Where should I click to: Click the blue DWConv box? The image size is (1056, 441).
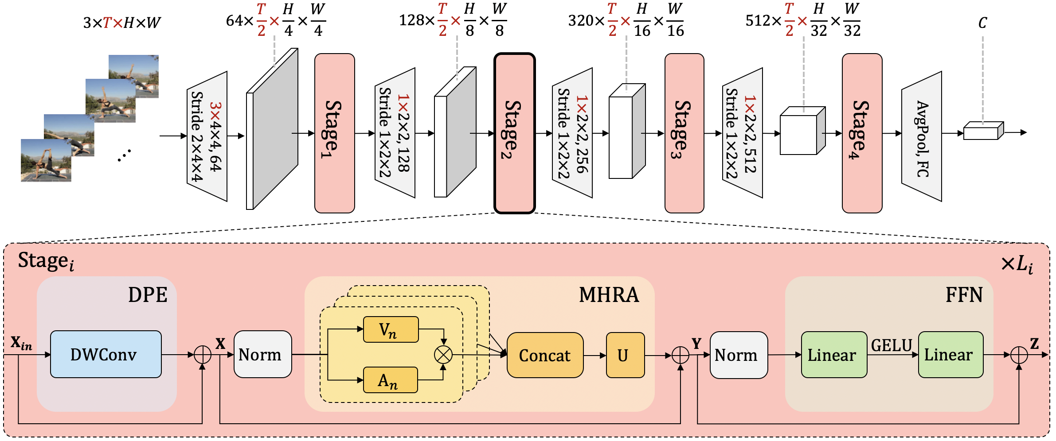(106, 354)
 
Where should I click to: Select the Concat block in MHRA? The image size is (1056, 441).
(545, 355)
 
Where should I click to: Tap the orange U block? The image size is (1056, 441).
(625, 355)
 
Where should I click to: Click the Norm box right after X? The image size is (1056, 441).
(262, 354)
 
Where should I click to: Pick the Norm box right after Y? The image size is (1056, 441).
(739, 355)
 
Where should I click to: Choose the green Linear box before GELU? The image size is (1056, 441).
(834, 355)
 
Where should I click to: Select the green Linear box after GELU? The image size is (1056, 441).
(950, 355)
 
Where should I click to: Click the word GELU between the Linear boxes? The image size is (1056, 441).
(892, 345)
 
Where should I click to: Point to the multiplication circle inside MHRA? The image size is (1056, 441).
(443, 355)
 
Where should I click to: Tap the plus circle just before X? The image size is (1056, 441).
(203, 355)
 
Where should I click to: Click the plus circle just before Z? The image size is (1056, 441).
(1019, 355)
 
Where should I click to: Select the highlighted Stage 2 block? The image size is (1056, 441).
(514, 133)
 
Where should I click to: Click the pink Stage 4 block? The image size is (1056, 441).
(862, 133)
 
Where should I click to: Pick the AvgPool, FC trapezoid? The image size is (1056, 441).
(922, 136)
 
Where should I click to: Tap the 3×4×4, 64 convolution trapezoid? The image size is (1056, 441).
(207, 136)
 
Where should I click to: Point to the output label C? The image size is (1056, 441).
(982, 23)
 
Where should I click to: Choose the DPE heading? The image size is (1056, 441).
(148, 295)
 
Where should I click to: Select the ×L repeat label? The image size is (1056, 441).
(1017, 265)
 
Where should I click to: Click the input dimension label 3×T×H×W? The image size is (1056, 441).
(122, 23)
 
